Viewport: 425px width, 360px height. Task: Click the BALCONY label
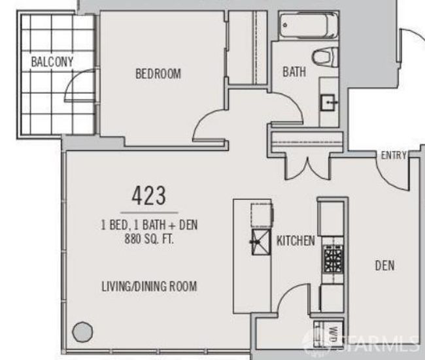52,62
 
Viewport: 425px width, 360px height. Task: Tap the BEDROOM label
158,74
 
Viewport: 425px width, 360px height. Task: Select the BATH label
294,72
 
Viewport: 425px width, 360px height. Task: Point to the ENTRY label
394,155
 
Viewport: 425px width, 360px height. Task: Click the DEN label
384,265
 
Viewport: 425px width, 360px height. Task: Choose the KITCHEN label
296,240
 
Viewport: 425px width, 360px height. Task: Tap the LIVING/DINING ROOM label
149,286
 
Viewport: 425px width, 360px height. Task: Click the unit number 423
148,195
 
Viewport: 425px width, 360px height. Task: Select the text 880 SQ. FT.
149,239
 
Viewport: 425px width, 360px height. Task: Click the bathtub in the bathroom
309,26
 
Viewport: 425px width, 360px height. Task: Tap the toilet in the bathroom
325,57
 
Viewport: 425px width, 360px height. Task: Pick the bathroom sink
328,103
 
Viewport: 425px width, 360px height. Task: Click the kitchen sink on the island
261,242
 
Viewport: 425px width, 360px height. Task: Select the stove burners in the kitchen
333,259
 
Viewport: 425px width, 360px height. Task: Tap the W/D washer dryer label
334,335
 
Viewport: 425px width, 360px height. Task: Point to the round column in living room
82,332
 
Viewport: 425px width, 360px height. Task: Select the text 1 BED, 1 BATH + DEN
149,225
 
